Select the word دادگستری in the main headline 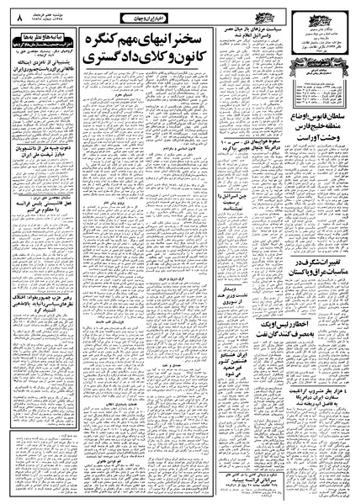[116, 64]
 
